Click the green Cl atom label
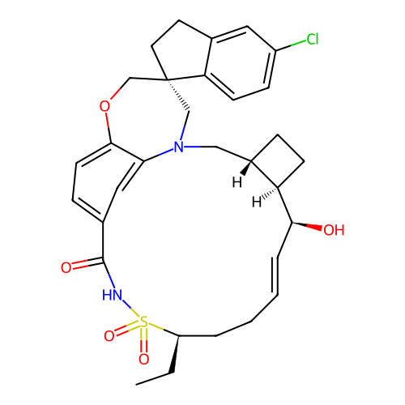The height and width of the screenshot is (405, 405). tap(313, 39)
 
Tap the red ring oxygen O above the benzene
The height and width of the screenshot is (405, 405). tap(104, 106)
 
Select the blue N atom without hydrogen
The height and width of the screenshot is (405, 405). tap(179, 147)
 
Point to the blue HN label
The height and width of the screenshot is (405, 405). tap(112, 295)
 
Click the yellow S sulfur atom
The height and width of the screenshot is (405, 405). tap(143, 322)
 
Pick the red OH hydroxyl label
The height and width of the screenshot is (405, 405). tap(334, 230)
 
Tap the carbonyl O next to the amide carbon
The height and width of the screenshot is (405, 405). tap(66, 267)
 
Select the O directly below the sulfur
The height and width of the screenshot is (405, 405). tap(143, 359)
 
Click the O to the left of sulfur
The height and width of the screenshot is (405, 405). tap(109, 336)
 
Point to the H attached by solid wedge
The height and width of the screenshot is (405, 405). tap(237, 182)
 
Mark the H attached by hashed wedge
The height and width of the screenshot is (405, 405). tap(257, 202)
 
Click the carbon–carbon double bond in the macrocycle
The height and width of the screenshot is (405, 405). tap(278, 275)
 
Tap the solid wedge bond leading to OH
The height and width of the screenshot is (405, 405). tap(307, 226)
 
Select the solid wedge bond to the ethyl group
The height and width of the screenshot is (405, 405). tap(175, 355)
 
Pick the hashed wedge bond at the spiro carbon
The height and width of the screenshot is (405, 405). tap(178, 95)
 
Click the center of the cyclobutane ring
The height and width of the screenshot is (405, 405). tap(278, 161)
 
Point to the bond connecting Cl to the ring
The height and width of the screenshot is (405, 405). tap(291, 45)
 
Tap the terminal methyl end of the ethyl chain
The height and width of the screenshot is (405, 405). tap(136, 384)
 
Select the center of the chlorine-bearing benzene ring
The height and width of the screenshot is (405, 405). tap(240, 63)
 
